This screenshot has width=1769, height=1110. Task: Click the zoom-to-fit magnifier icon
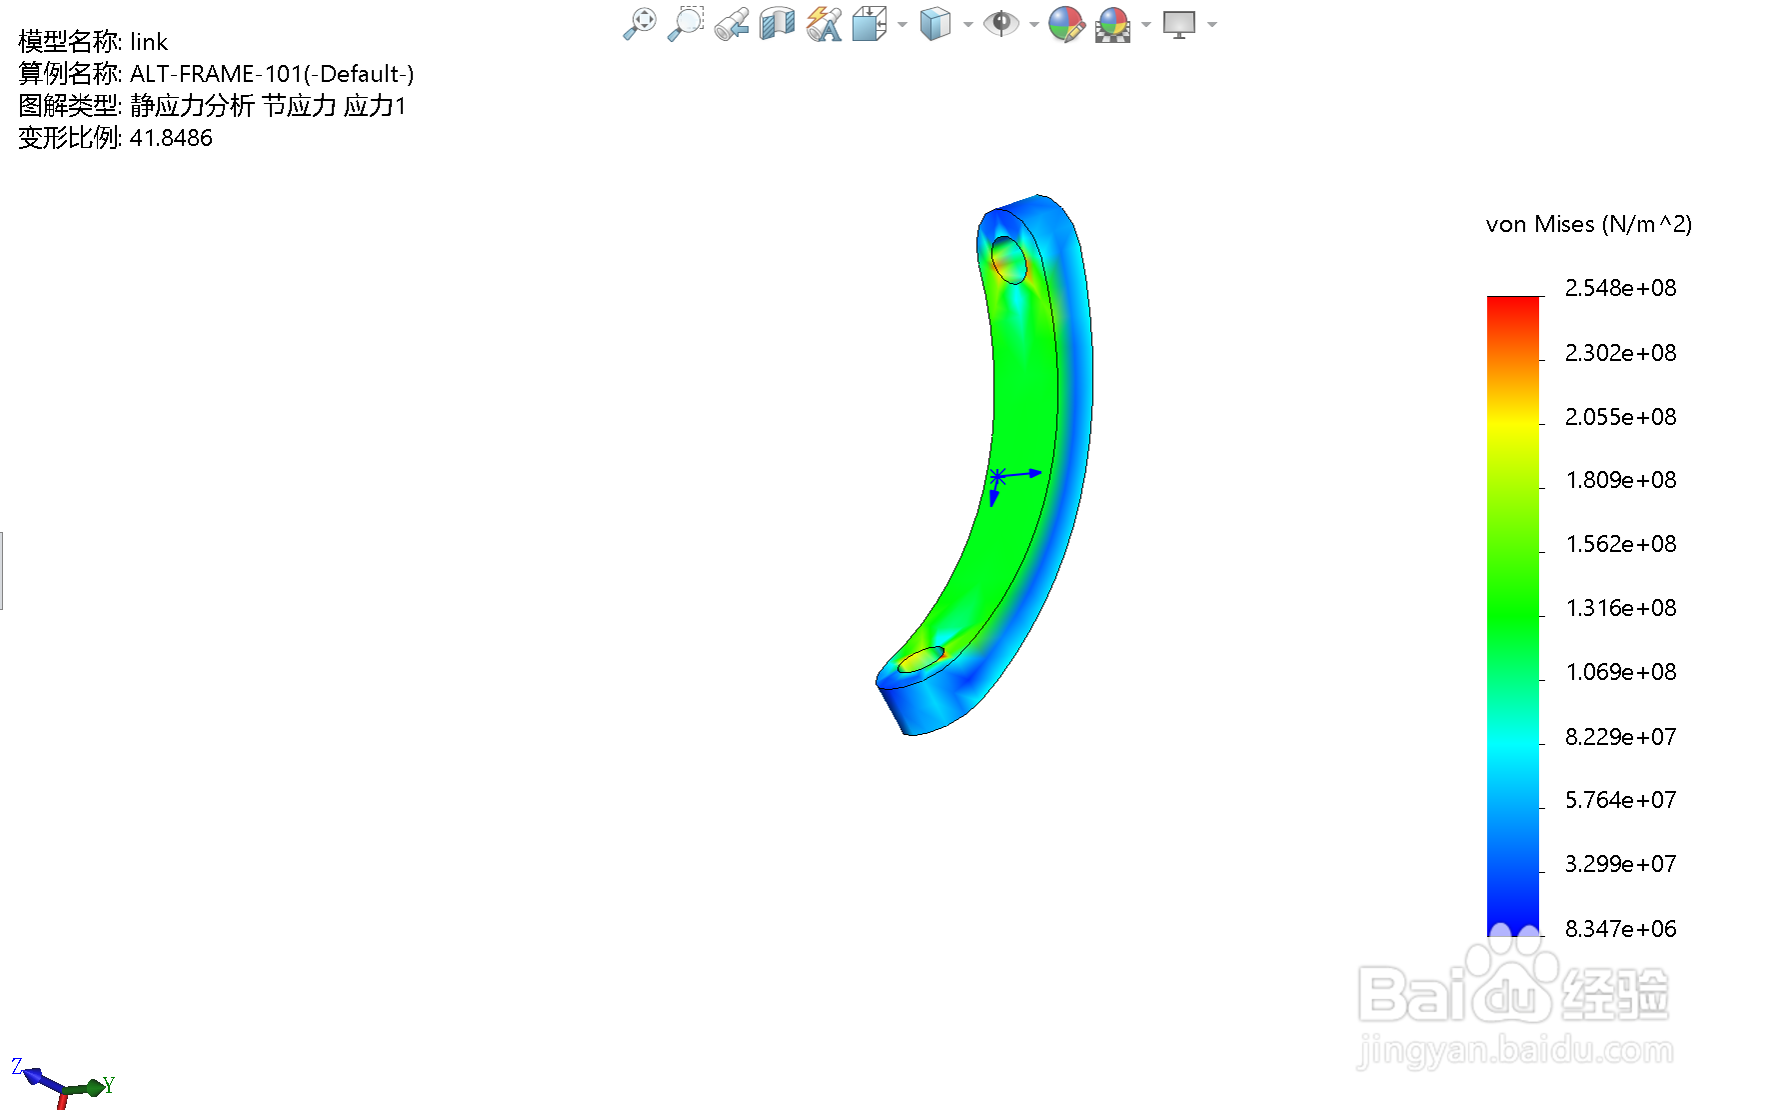point(639,23)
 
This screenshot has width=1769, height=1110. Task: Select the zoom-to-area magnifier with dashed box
point(686,23)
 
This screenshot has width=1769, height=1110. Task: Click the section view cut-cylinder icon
point(777,23)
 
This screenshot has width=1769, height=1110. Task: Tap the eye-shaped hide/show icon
point(1000,23)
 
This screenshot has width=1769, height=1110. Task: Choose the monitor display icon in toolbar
point(1179,23)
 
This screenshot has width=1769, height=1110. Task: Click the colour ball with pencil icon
point(1066,23)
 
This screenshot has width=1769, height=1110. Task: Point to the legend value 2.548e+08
point(1620,288)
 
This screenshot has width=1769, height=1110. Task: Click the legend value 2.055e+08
point(1620,417)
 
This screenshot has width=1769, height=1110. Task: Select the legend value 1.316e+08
point(1620,608)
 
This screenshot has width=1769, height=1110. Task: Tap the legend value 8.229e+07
point(1620,737)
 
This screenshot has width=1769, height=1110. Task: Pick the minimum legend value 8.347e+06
point(1620,929)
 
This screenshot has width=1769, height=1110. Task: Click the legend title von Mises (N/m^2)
point(1588,224)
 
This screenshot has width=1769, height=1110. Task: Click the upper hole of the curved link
point(1009,260)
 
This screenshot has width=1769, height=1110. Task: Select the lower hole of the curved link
point(920,659)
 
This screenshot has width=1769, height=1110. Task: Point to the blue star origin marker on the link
point(997,476)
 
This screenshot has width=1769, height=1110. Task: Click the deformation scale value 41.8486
point(171,138)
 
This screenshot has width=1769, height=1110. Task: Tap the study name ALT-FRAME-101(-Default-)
point(272,74)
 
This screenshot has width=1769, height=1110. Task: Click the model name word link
point(149,42)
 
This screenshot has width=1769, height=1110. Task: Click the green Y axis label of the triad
point(108,1085)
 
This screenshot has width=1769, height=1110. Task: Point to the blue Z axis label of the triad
point(17,1067)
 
